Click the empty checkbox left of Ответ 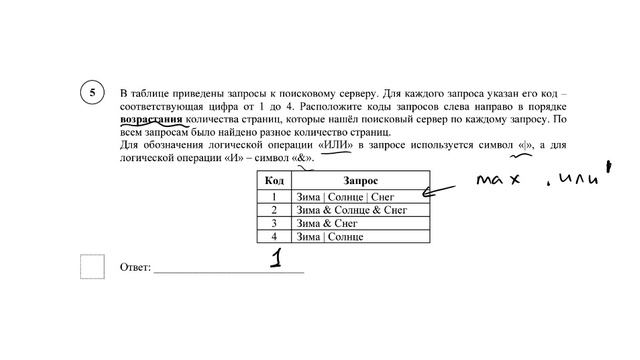92,267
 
